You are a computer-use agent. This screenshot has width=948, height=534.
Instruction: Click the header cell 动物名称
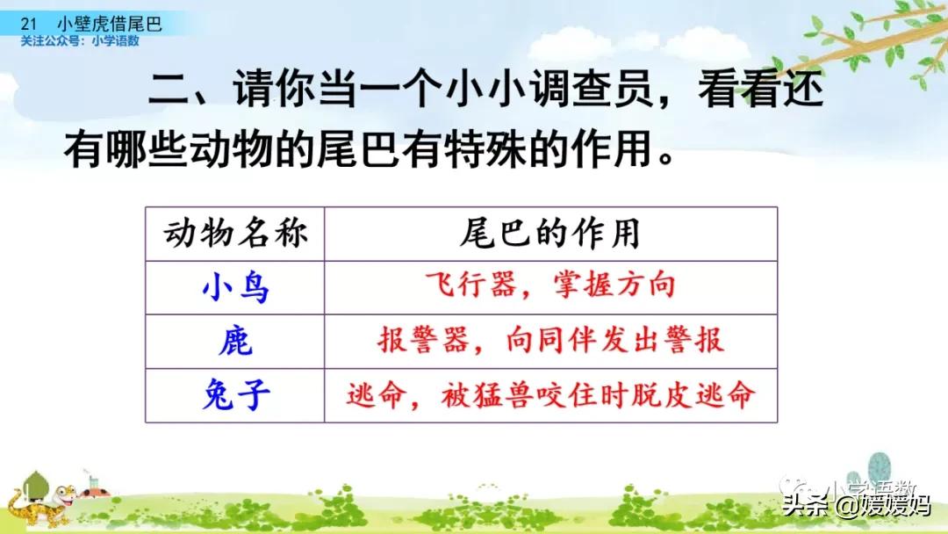click(x=234, y=234)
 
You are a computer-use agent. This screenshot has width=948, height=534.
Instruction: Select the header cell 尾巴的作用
click(x=550, y=234)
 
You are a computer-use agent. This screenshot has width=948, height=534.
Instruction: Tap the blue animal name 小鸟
click(x=234, y=287)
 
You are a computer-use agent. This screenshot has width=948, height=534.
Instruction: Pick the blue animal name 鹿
click(x=234, y=341)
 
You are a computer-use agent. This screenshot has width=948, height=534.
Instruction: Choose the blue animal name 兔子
click(x=234, y=394)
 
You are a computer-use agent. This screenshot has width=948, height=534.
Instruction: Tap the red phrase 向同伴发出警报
click(x=615, y=341)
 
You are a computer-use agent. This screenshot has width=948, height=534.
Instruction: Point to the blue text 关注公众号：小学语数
click(x=80, y=41)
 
